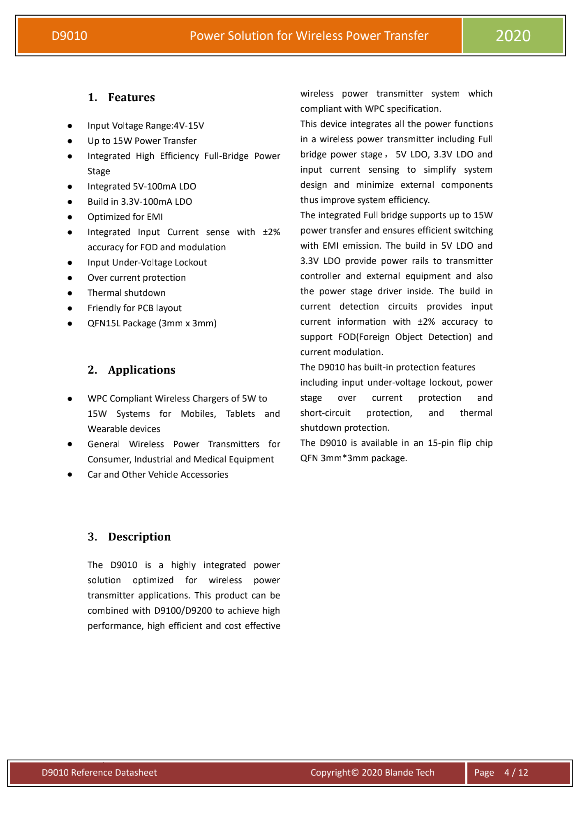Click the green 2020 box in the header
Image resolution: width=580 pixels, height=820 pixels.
click(x=513, y=36)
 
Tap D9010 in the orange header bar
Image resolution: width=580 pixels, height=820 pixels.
click(x=69, y=36)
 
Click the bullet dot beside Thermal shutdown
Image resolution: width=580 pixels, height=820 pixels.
click(x=70, y=293)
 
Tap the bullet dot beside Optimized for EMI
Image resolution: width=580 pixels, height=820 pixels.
click(x=70, y=217)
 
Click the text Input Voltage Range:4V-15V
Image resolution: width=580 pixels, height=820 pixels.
click(x=146, y=126)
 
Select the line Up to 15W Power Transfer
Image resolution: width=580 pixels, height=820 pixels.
click(x=142, y=141)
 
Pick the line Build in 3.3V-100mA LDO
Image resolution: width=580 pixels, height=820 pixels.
click(x=140, y=202)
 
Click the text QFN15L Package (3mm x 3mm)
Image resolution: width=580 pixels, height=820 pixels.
click(x=152, y=323)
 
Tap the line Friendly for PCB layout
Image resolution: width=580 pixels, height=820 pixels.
click(x=134, y=308)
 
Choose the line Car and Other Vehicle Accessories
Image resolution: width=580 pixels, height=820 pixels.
click(x=158, y=475)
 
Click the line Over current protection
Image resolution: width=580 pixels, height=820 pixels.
click(x=136, y=278)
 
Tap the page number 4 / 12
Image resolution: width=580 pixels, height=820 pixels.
click(x=516, y=773)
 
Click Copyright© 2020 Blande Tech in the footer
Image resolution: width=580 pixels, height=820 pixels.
click(x=372, y=773)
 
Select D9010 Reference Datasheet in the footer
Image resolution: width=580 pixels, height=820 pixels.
click(x=99, y=773)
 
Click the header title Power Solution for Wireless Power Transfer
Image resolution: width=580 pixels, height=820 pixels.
click(x=309, y=36)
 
